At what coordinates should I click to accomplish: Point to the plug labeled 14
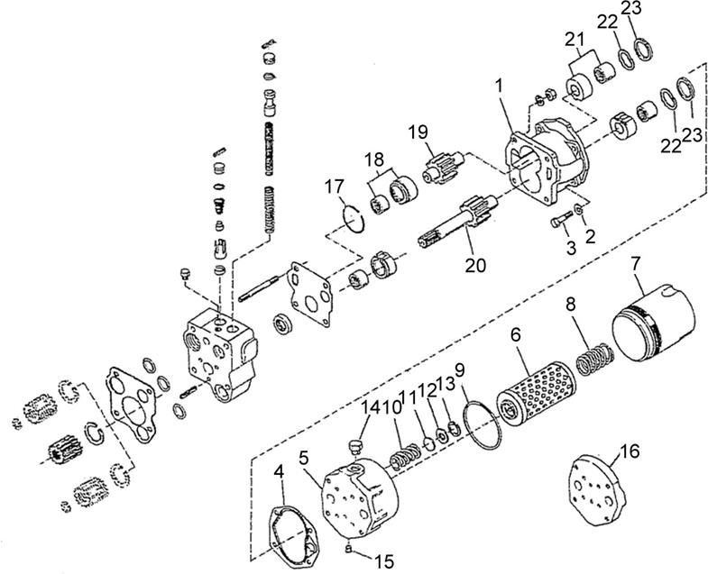click(356, 446)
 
